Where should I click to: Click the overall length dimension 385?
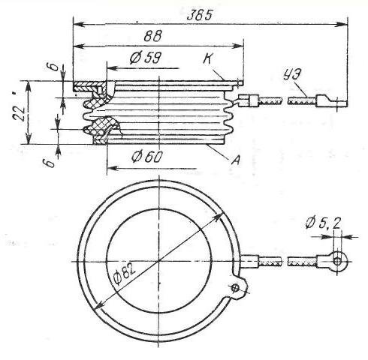click(x=200, y=15)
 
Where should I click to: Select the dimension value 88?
click(x=153, y=36)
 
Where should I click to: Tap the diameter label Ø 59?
click(x=145, y=58)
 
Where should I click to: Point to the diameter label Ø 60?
click(x=147, y=157)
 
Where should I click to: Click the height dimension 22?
click(x=19, y=113)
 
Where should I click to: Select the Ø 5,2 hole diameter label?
click(x=323, y=223)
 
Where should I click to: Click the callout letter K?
click(x=207, y=58)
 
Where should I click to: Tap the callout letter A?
click(x=235, y=159)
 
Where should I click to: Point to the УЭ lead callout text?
click(x=293, y=74)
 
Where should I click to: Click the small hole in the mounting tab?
click(x=235, y=288)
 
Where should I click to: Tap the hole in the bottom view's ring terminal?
click(x=338, y=261)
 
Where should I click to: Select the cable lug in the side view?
click(x=331, y=100)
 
